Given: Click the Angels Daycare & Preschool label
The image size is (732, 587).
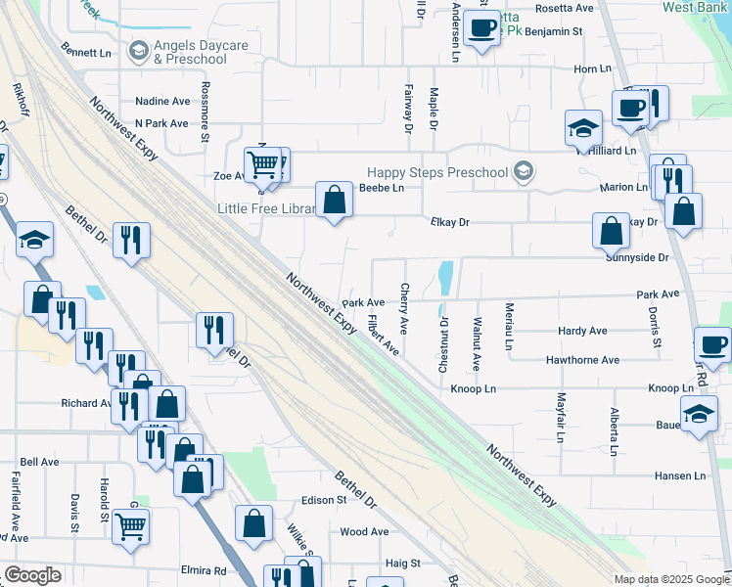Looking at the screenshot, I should [190, 52].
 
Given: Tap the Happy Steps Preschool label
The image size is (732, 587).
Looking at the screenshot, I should [437, 173].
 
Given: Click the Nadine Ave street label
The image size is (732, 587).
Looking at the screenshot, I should [162, 101].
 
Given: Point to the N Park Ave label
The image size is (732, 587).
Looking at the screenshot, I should [161, 123].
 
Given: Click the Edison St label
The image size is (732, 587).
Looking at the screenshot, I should [325, 500].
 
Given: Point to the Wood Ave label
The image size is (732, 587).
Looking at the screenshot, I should [364, 532].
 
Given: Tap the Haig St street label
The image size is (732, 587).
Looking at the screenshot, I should [402, 564].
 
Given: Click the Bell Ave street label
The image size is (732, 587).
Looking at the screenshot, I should [39, 462].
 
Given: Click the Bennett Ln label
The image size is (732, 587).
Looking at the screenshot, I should [86, 52].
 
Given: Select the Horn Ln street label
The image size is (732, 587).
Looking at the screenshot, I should [592, 69].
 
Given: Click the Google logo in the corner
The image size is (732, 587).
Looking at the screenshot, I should [32, 575].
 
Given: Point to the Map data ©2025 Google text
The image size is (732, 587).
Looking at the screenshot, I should [671, 579].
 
